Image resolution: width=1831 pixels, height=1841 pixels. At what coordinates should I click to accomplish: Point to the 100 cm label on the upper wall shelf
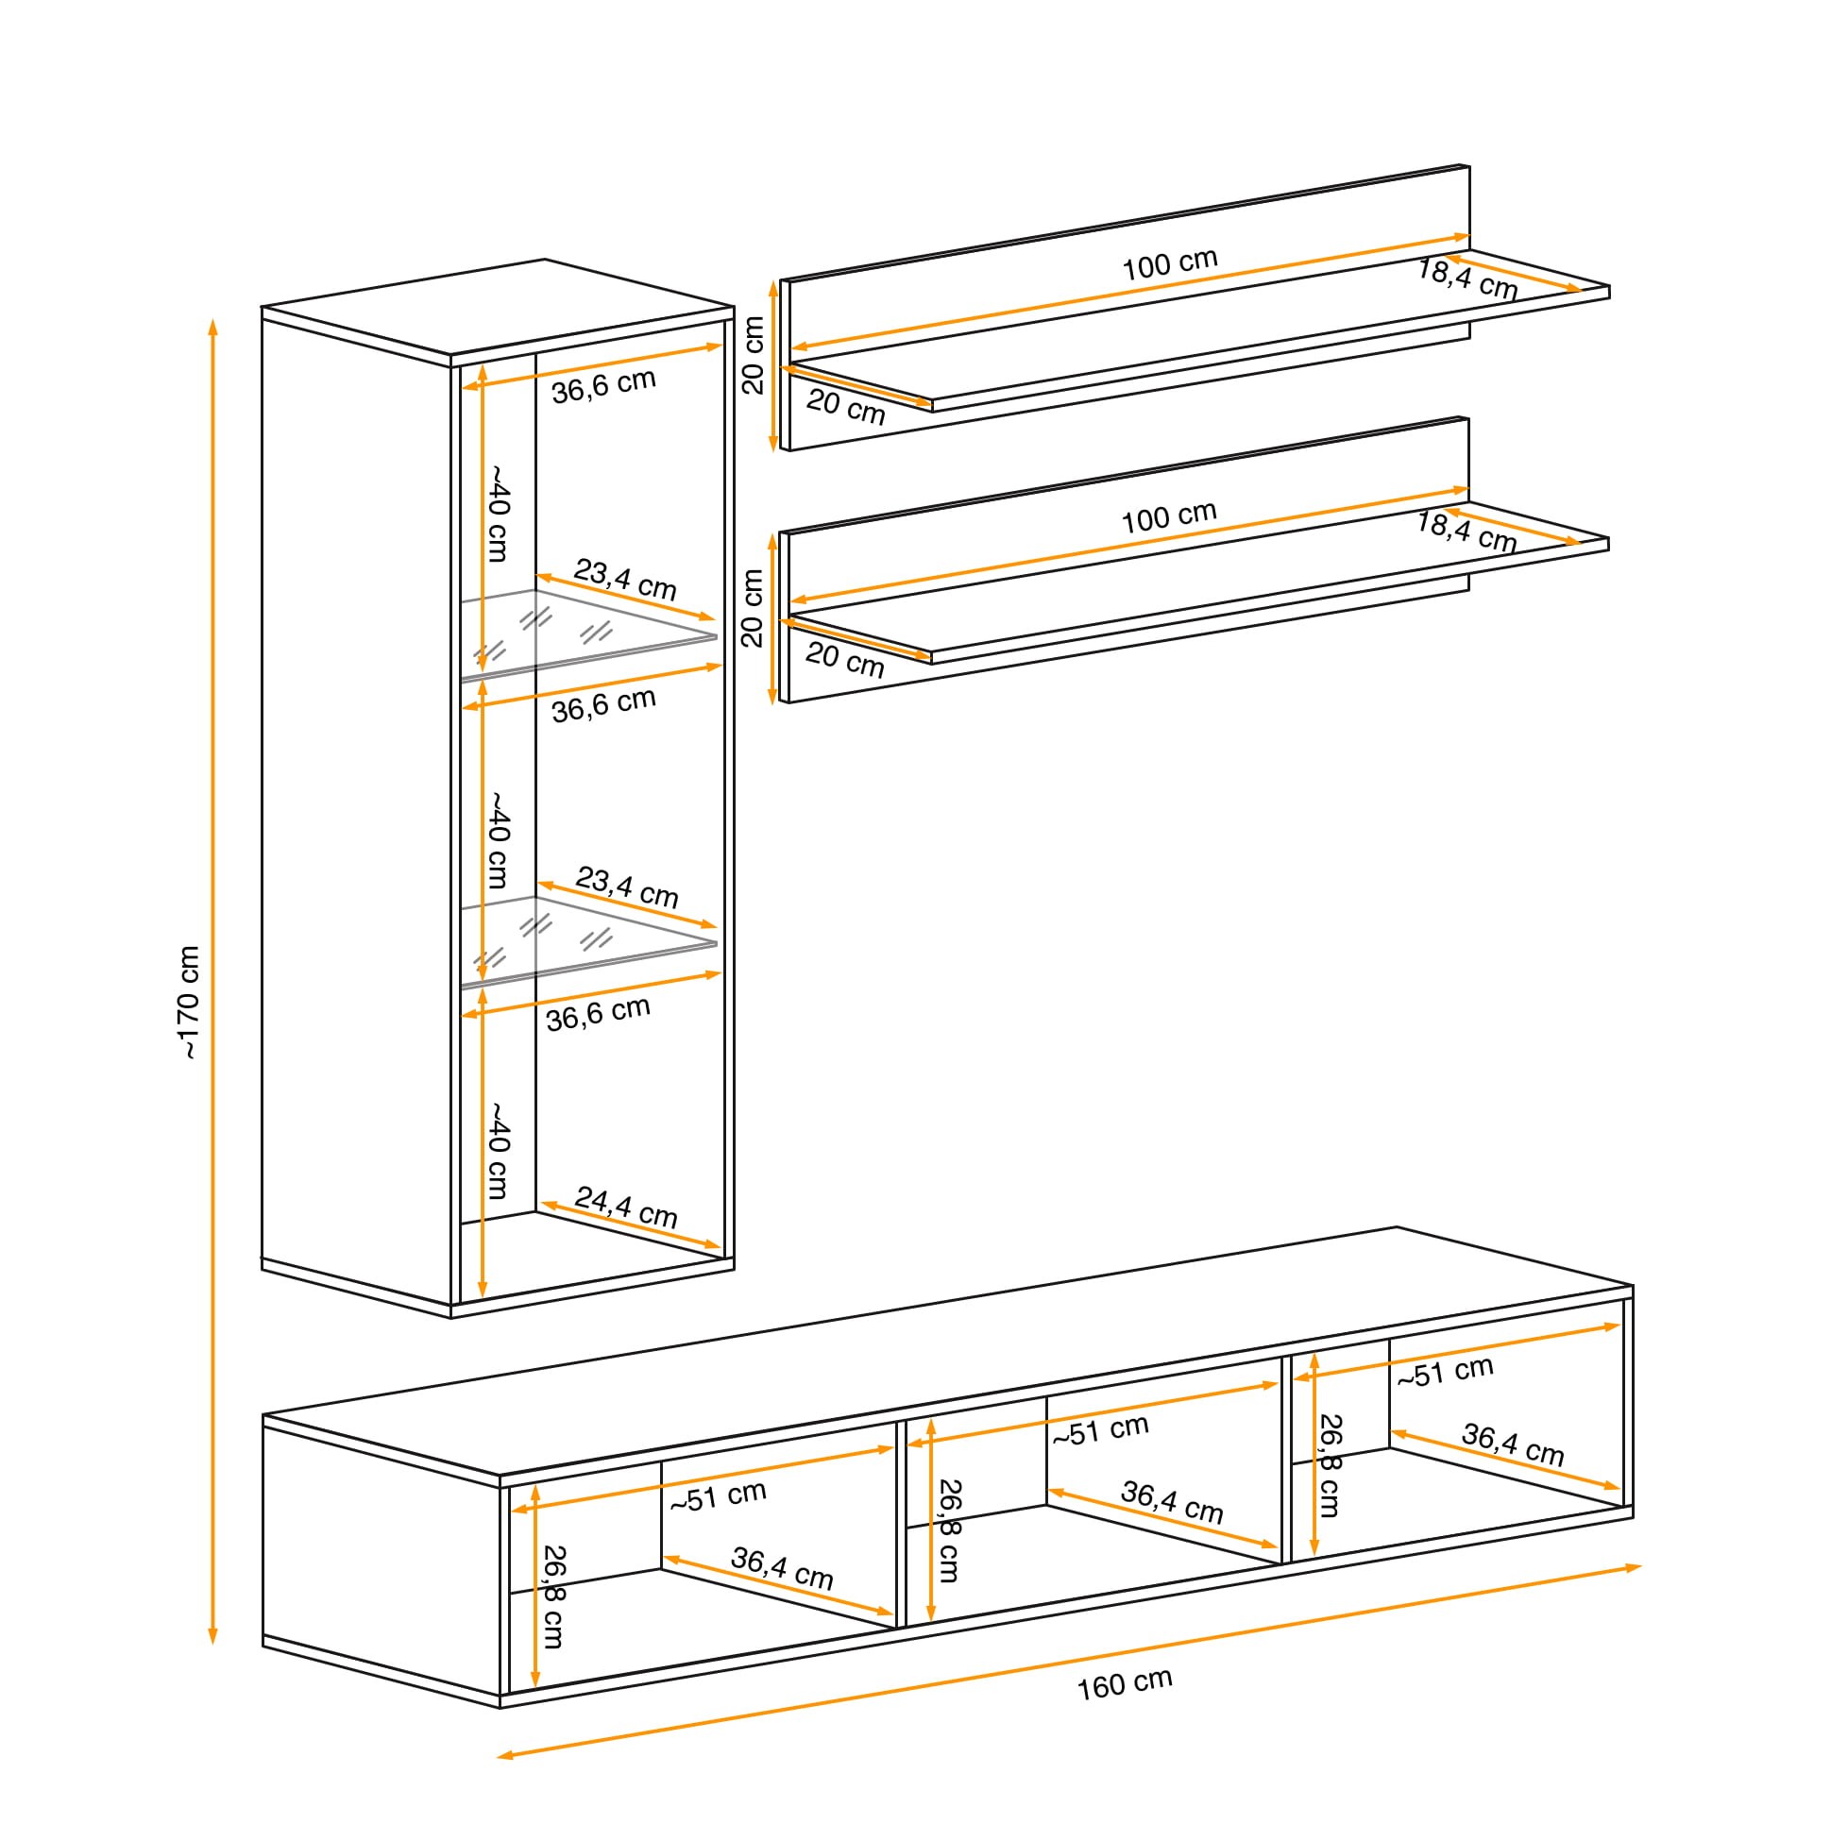(1169, 264)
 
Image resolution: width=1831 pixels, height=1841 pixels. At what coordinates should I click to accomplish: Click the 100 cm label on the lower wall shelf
(1168, 517)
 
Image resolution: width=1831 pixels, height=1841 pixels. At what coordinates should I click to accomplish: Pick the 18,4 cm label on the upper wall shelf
(1466, 279)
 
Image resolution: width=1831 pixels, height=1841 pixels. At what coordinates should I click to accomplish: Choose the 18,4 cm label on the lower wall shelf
(1465, 532)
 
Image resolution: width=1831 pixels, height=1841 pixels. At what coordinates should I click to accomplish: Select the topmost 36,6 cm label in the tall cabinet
(603, 385)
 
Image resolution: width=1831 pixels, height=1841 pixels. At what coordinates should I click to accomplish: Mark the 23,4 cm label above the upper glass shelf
(625, 580)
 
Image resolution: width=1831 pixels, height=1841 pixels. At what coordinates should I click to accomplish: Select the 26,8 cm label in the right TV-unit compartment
(1330, 1465)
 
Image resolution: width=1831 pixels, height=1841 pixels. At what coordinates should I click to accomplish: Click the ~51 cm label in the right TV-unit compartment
(1445, 1372)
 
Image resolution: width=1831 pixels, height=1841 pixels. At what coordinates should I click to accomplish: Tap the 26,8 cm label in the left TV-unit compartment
(552, 1596)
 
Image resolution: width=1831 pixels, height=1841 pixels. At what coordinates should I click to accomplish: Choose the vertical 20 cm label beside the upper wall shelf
(753, 354)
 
